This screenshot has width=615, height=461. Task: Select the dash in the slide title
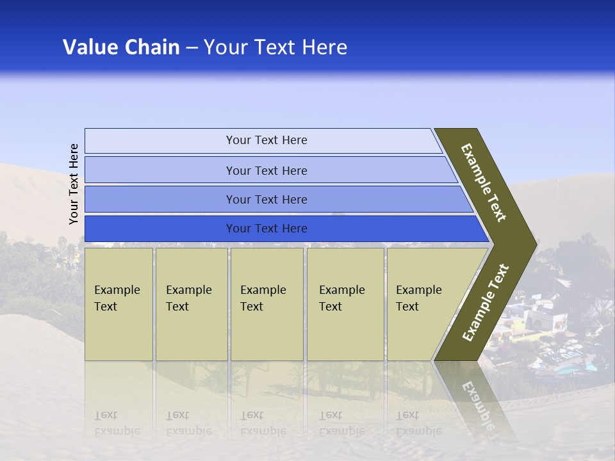coord(192,48)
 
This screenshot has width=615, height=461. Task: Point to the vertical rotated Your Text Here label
coord(74,184)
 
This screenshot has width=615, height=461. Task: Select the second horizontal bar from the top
coord(266,170)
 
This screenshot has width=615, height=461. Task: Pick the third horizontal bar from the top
coord(266,199)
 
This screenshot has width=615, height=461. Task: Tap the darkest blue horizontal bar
coord(266,229)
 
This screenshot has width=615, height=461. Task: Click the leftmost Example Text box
coord(119,304)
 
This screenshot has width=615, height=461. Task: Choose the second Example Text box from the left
coord(192,304)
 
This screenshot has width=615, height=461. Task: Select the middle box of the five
coord(266,304)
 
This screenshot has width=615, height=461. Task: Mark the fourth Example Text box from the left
coord(345,304)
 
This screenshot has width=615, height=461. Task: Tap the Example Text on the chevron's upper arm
coord(484,183)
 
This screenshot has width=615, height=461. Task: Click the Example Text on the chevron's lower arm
coord(485,303)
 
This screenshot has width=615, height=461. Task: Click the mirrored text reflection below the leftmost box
coord(117,423)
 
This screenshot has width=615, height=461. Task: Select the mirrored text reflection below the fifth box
coord(418,423)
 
